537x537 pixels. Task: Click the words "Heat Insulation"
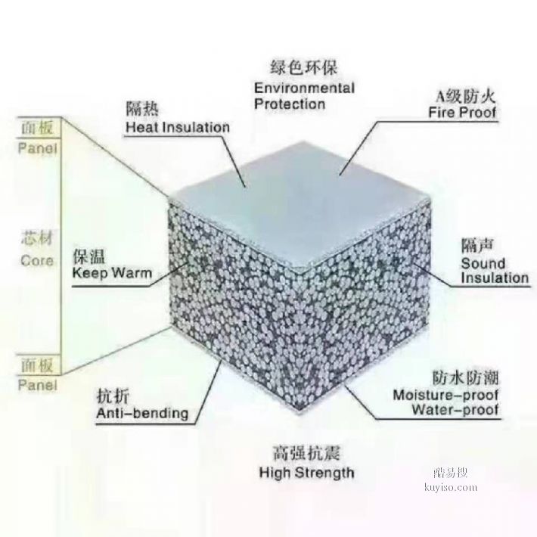tap(178, 127)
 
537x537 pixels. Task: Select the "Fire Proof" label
tap(462, 113)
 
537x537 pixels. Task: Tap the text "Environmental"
tap(305, 88)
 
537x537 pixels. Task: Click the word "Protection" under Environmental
tap(290, 104)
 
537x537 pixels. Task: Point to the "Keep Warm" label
tap(112, 274)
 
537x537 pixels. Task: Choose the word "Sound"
tap(483, 263)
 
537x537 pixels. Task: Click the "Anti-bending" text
tap(142, 413)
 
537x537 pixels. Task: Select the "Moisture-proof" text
tap(445, 396)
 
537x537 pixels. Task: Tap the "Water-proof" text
tap(455, 410)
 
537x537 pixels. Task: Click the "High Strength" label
tap(306, 473)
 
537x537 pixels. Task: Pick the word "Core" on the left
tap(37, 261)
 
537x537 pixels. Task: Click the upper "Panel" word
tap(37, 148)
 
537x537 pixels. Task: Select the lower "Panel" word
tap(37, 385)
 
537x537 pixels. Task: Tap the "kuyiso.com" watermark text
tap(450, 487)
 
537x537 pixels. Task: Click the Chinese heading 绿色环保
tap(304, 67)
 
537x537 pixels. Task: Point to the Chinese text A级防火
tap(465, 97)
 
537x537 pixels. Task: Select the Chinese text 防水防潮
tap(465, 378)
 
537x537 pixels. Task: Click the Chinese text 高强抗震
tap(306, 454)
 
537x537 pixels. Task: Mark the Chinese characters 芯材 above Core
tap(37, 238)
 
